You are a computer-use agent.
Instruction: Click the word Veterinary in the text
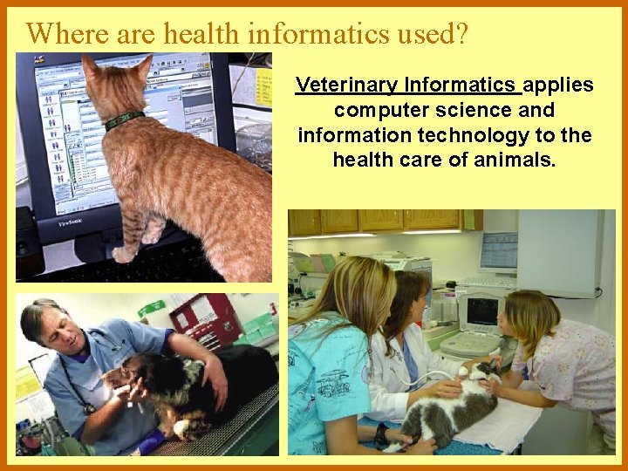pos(336,85)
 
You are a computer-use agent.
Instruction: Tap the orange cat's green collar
pos(125,120)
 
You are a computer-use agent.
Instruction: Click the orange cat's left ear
pos(91,67)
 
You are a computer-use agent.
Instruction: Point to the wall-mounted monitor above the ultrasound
pos(497,252)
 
